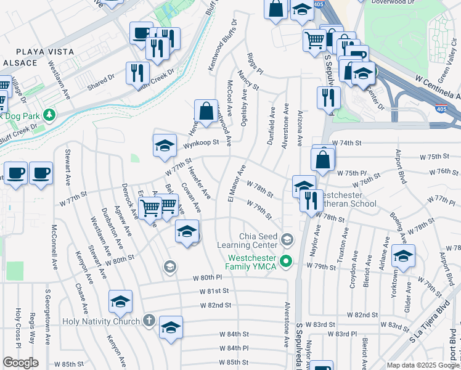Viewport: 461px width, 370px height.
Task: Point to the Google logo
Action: (20, 363)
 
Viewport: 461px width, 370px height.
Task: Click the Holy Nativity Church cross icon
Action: (149, 321)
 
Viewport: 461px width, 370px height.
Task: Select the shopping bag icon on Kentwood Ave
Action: (206, 111)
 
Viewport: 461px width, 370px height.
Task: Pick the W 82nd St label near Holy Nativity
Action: (214, 305)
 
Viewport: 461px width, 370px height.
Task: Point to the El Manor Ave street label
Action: (237, 183)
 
